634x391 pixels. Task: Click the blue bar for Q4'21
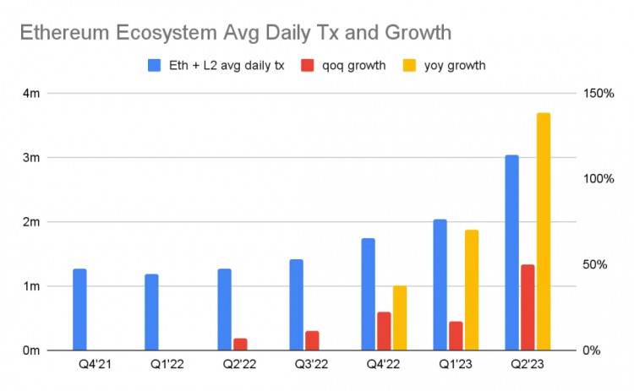tap(79, 309)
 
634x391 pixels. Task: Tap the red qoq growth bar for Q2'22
tap(240, 344)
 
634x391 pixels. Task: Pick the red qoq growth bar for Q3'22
tap(312, 340)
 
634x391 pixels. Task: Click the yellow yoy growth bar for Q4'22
tap(400, 318)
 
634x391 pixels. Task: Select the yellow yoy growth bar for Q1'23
tap(472, 290)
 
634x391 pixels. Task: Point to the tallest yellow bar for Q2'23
tap(544, 231)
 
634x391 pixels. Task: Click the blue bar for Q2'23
tap(512, 253)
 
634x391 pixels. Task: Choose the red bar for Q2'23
tap(527, 307)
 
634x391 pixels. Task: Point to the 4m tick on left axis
tap(30, 93)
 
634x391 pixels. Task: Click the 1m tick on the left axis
tap(30, 286)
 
